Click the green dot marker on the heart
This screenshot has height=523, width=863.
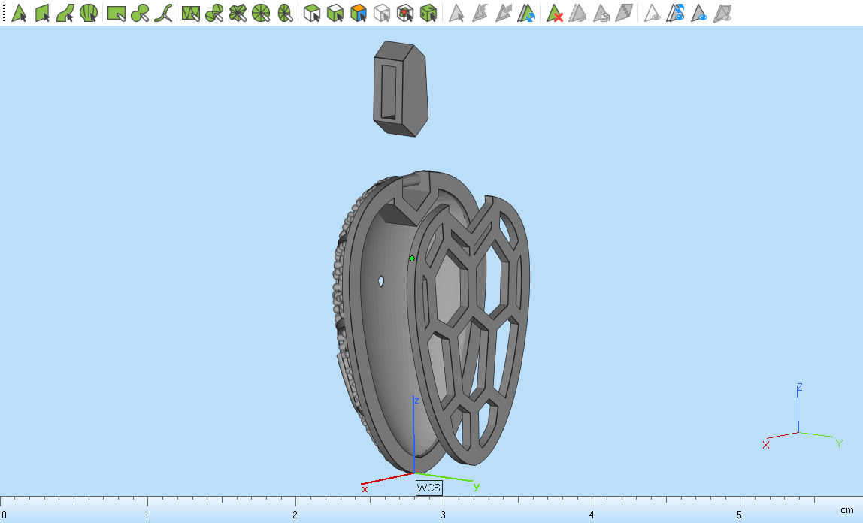412,258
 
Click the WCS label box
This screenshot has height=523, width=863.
428,488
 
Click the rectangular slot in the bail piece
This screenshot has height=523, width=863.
389,91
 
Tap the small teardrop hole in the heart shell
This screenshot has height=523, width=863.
382,282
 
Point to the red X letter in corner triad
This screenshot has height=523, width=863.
766,445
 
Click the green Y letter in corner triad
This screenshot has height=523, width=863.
839,443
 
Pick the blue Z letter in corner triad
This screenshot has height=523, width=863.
799,387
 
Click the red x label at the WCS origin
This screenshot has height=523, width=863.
365,488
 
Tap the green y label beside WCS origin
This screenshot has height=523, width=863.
476,486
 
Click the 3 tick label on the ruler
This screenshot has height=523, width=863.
444,515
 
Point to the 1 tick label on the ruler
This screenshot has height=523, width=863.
147,515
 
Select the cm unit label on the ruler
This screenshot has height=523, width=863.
847,510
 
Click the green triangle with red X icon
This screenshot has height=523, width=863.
555,13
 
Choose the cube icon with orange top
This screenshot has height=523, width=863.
359,13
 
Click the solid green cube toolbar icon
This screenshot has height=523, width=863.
428,13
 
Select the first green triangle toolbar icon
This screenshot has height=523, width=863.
19,13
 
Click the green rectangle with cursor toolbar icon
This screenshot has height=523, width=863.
116,13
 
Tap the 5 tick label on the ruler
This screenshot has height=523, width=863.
740,515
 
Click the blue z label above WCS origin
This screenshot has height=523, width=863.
416,401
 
